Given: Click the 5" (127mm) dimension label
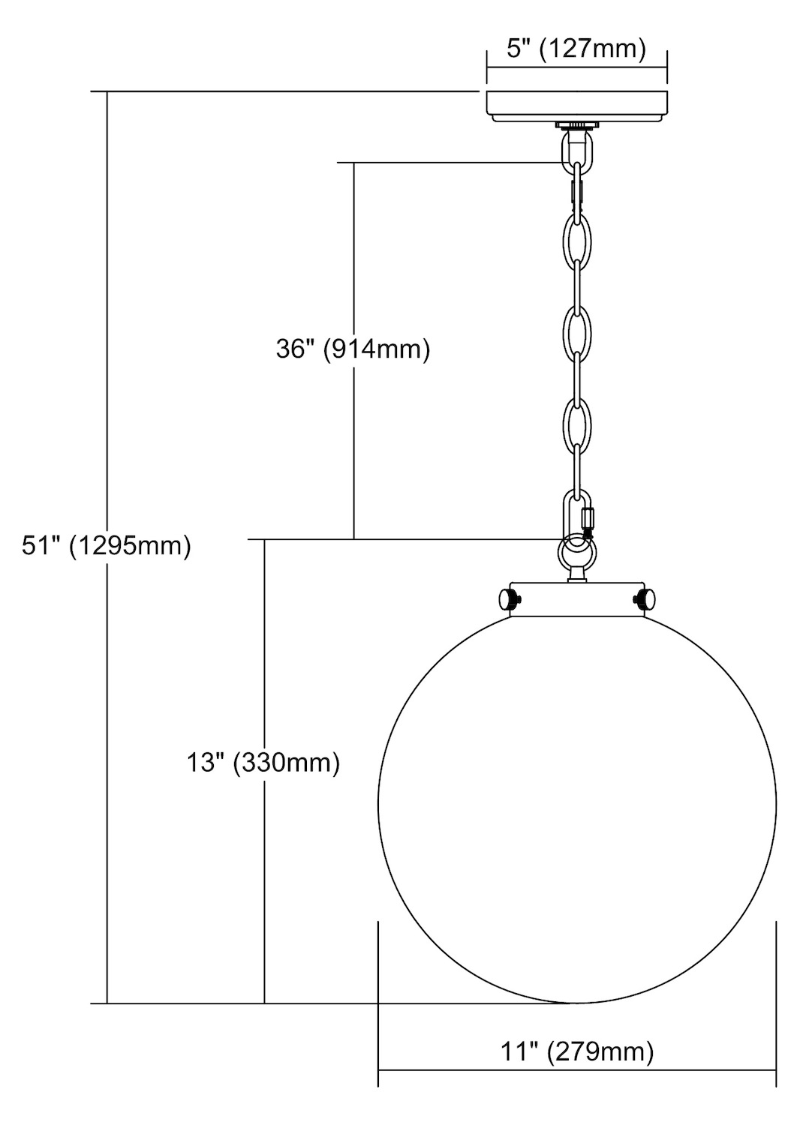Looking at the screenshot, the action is [x=576, y=49].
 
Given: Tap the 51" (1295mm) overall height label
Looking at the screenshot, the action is [x=106, y=546].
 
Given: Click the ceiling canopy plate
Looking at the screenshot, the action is [x=577, y=106].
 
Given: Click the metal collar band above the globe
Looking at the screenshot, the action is [x=577, y=599].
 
